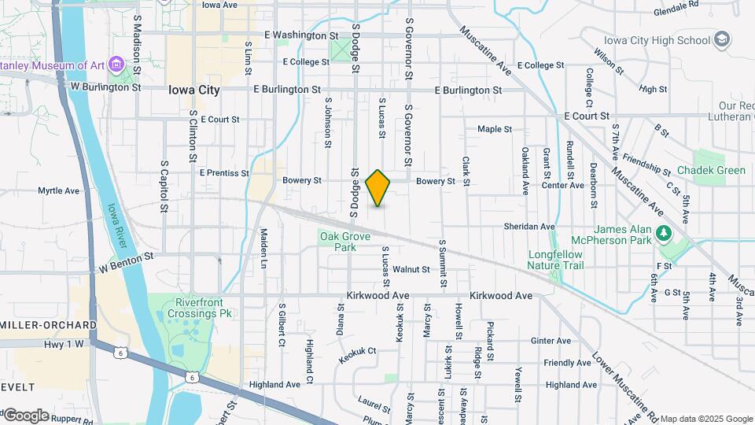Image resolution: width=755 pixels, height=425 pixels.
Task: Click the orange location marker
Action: tap(378, 188)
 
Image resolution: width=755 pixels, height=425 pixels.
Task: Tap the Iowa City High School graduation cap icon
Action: tap(722, 39)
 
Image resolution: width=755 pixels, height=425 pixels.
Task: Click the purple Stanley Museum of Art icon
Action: tap(116, 64)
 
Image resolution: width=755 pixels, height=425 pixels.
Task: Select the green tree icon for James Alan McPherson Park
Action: tap(664, 233)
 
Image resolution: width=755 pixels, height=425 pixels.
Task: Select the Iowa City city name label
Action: tap(194, 90)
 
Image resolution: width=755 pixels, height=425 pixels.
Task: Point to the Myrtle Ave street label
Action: tap(59, 190)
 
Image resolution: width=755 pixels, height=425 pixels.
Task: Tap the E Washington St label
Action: tap(301, 35)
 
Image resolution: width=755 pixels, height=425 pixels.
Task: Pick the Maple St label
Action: tap(495, 129)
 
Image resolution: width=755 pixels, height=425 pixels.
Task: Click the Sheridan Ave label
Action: tap(529, 227)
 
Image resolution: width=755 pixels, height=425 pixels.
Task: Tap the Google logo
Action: tap(26, 415)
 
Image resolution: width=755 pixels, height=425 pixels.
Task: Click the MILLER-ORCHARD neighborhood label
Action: tap(49, 325)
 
